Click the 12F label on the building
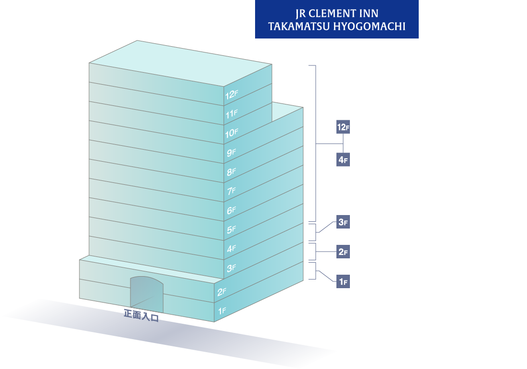coord(231,95)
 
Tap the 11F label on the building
coord(231,115)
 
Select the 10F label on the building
coord(231,133)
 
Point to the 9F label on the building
coord(231,153)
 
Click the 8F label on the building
coord(231,172)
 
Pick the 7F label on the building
coord(231,191)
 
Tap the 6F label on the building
coord(231,210)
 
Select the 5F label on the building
coord(231,229)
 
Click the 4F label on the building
coord(231,249)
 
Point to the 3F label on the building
coord(231,268)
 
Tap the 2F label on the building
coord(221,292)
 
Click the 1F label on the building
coord(222,311)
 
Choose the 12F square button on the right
coord(343,127)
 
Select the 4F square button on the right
coord(343,160)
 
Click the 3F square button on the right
coord(343,222)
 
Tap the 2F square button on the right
coord(343,252)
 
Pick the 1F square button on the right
coord(343,281)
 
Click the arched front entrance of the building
coord(147,294)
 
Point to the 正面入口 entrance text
coord(141,316)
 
